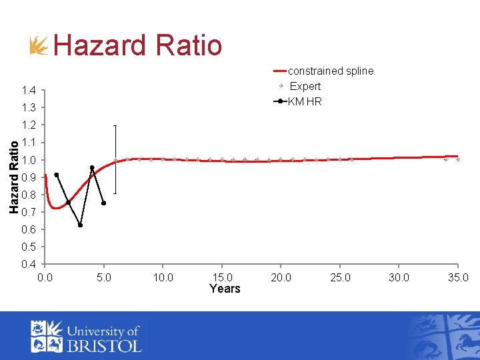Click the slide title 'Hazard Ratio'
pos(137,45)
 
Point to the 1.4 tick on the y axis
pos(28,91)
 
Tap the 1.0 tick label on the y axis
pos(28,160)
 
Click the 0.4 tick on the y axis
pos(28,265)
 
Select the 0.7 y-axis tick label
pos(28,213)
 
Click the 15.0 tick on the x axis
pos(222,277)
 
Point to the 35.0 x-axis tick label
pos(458,277)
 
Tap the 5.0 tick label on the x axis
pos(104,277)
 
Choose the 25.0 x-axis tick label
pos(340,277)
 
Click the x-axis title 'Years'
pos(225,289)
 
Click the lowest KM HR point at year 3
pos(80,225)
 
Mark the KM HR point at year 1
pos(57,175)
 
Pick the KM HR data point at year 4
pos(92,167)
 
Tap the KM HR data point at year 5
pos(104,203)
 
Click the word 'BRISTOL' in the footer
pos(104,345)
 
